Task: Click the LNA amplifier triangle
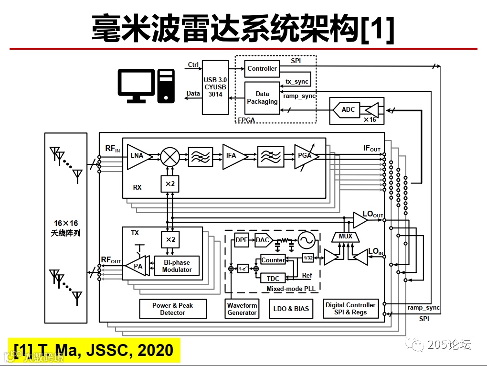[138, 156]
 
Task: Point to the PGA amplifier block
[304, 156]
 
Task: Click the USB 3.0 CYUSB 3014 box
[215, 87]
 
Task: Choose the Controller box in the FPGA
[262, 69]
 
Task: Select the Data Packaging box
[262, 98]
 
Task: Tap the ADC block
[348, 110]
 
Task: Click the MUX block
[345, 236]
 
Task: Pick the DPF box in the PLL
[242, 240]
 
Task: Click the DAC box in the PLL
[263, 240]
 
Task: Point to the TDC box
[273, 278]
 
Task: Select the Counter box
[273, 260]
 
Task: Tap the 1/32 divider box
[308, 258]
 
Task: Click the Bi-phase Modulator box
[177, 266]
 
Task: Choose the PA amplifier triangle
[137, 266]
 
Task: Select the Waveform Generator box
[242, 309]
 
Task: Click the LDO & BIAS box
[291, 309]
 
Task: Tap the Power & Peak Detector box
[172, 309]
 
